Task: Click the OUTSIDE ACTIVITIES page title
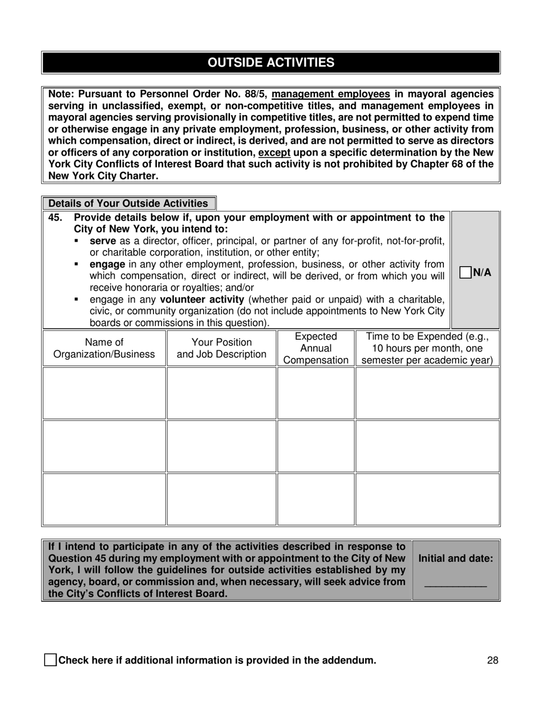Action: [271, 63]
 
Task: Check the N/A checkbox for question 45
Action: [466, 272]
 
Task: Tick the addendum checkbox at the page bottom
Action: [50, 661]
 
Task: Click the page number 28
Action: [493, 661]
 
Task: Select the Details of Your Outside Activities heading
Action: [128, 203]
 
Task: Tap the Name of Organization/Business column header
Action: [104, 348]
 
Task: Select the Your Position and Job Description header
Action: [221, 348]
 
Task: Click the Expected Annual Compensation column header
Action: [316, 348]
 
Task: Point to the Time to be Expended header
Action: [427, 348]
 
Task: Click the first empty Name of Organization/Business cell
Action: [104, 393]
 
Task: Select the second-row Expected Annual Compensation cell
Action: [316, 446]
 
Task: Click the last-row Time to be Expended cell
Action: [427, 499]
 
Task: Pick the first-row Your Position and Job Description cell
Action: [221, 393]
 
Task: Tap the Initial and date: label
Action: [455, 559]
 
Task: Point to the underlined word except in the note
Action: [274, 153]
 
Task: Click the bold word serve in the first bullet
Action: [103, 241]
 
